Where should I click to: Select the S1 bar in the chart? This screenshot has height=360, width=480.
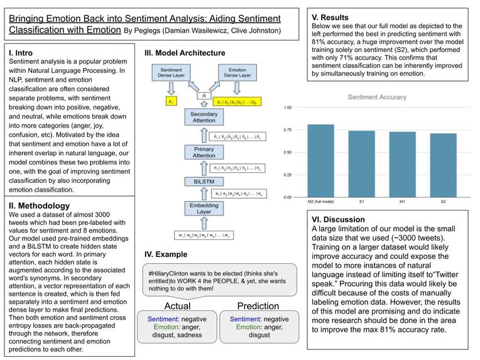pyautogui.click(x=362, y=164)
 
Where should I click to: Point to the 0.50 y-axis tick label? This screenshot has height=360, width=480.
pyautogui.click(x=287, y=153)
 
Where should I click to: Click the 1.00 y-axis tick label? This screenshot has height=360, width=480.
pyautogui.click(x=287, y=107)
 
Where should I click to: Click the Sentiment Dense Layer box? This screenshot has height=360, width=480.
pyautogui.click(x=172, y=72)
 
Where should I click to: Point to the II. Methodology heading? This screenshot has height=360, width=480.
pyautogui.click(x=39, y=205)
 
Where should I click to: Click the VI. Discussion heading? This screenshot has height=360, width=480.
pyautogui.click(x=338, y=219)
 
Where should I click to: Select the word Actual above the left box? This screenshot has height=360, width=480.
pyautogui.click(x=177, y=306)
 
